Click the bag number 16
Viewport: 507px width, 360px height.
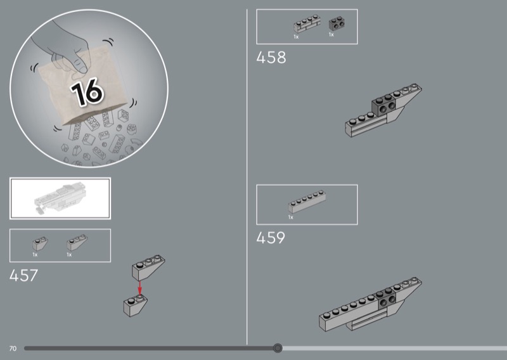point(87,92)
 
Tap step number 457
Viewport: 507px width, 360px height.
point(23,276)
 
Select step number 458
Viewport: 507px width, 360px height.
point(271,58)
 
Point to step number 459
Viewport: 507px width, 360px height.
point(271,238)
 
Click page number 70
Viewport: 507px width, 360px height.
point(13,349)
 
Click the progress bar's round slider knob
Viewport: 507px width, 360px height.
point(278,348)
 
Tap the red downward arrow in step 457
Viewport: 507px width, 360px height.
point(139,288)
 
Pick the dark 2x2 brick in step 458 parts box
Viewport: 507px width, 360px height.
point(337,24)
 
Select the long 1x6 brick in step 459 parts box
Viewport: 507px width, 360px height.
point(307,202)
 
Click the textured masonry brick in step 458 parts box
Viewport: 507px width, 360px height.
point(307,23)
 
